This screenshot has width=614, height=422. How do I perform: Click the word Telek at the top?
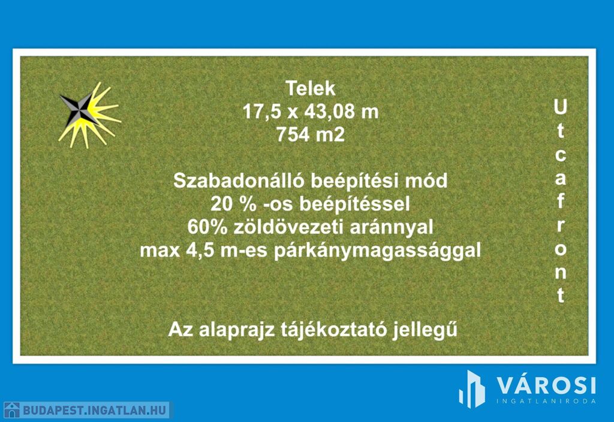[311, 88]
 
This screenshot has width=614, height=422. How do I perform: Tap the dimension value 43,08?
[329, 111]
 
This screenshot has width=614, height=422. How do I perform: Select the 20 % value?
[233, 204]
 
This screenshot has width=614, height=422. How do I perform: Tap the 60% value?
[207, 227]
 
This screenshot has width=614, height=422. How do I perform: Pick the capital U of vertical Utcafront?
[561, 107]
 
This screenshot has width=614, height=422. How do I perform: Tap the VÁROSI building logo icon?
[472, 389]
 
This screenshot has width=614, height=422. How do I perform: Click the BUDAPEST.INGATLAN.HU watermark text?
[94, 411]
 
